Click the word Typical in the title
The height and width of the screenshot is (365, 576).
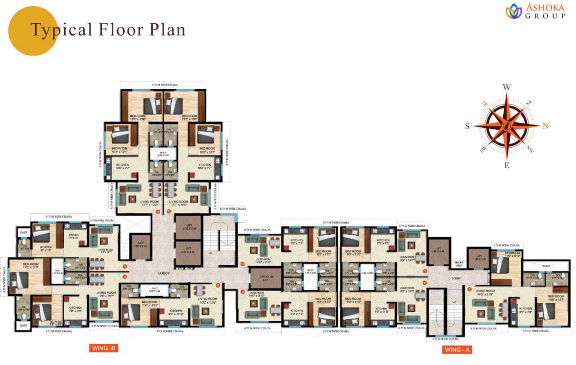point(61,29)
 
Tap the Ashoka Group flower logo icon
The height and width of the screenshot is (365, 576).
point(513,10)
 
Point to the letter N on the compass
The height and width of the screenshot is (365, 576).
point(546,126)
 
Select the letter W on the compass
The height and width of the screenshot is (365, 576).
point(507,87)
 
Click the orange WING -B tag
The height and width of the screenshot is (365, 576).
point(103,348)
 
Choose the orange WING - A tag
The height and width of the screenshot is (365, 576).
point(457,350)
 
